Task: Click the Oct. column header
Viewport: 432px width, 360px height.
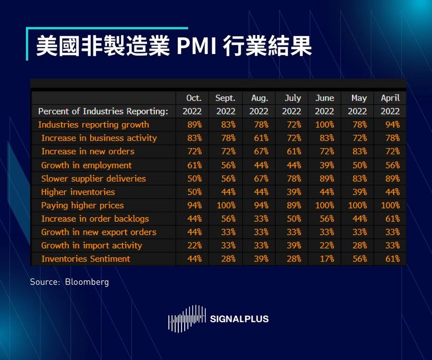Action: (x=193, y=98)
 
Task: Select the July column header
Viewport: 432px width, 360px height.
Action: (x=292, y=98)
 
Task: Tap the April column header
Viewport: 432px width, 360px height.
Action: (x=390, y=98)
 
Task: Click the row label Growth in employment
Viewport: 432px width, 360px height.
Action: (x=86, y=165)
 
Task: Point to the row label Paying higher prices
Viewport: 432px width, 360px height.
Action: (x=82, y=205)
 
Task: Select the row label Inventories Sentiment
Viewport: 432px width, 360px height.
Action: (x=85, y=259)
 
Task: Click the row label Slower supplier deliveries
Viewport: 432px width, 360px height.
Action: (x=93, y=179)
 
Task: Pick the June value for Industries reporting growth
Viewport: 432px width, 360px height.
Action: (x=324, y=125)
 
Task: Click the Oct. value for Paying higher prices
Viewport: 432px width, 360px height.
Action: (x=194, y=205)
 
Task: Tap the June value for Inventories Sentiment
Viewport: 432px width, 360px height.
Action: (x=325, y=259)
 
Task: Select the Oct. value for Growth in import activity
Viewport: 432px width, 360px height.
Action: (x=194, y=246)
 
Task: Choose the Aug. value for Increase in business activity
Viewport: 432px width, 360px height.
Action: (x=260, y=138)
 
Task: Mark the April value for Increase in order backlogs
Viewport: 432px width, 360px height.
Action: (x=390, y=219)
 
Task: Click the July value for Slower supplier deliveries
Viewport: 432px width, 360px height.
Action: (x=292, y=179)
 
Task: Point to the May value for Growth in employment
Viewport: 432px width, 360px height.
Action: (x=359, y=165)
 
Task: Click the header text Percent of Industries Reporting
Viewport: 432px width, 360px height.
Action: (x=103, y=112)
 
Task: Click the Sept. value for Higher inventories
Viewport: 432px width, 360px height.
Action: (x=225, y=192)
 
